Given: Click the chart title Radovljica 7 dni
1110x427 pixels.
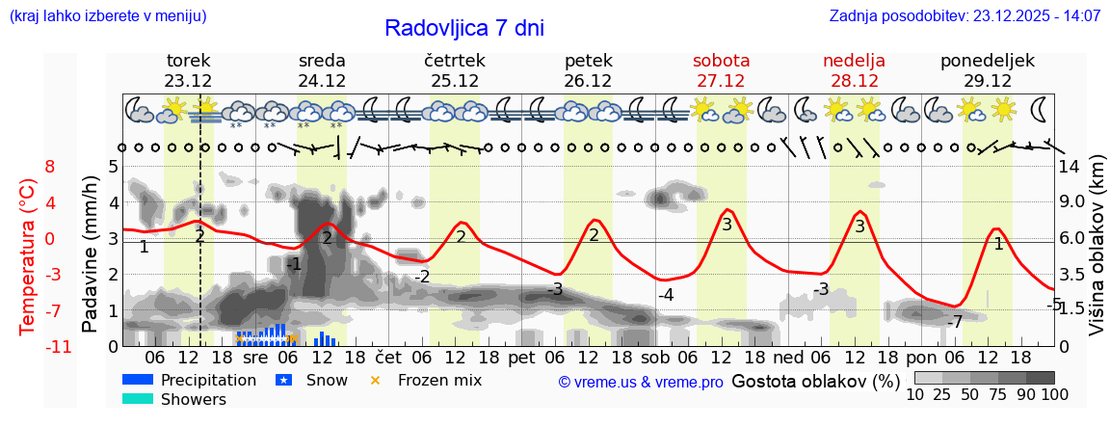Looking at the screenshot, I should point(463,28).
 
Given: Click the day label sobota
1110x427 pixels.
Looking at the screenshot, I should point(721,60).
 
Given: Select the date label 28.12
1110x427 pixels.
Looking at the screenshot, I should point(854,81).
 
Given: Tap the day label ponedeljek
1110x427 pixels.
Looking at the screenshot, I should point(988,60).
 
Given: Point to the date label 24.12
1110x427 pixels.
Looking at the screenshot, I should point(322,81).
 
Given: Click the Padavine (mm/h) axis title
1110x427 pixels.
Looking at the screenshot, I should point(91,254).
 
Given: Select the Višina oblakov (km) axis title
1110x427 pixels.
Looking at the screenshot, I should point(1097,255).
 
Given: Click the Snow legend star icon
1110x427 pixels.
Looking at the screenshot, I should point(283,381).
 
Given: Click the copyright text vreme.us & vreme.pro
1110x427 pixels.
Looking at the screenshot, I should point(640,383).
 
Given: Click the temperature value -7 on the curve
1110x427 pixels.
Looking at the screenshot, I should point(955,322).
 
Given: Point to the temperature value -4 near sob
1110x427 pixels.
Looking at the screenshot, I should point(665,295).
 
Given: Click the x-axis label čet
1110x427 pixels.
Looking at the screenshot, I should point(383,357).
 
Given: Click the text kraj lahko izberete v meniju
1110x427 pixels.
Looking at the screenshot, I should point(107,16).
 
